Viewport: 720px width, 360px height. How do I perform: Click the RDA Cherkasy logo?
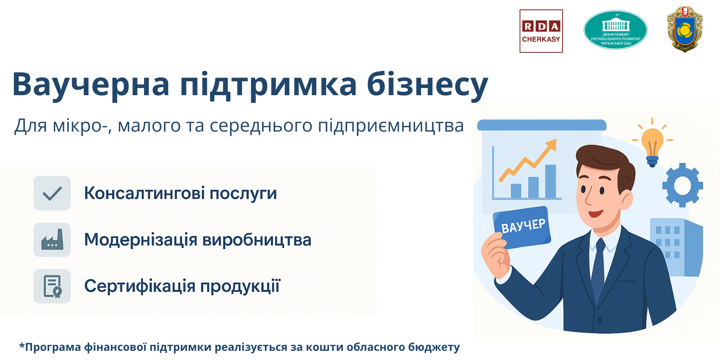[x=541, y=31]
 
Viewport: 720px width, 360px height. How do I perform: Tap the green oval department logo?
[x=616, y=30]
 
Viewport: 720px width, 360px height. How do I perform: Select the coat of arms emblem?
[x=685, y=29]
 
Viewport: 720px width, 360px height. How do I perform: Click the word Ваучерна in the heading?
[x=91, y=84]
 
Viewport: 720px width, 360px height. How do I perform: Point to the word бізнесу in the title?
[x=427, y=85]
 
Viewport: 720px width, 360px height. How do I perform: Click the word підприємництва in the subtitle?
[x=391, y=126]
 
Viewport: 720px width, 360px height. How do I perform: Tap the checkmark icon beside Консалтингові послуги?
[x=52, y=193]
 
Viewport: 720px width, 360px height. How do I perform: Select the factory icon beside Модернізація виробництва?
[x=52, y=240]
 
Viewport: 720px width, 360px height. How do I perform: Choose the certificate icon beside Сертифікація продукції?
[x=52, y=286]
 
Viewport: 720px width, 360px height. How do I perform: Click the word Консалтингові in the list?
[x=144, y=193]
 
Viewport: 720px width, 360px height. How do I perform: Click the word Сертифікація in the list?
[x=140, y=286]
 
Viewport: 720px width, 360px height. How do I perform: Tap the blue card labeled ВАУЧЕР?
[x=522, y=227]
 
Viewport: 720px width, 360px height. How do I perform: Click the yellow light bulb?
[x=652, y=146]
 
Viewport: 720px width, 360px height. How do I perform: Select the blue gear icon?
[x=683, y=185]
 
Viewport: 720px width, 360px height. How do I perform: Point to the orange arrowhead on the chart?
[x=551, y=145]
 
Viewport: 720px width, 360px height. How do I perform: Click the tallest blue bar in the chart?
[x=550, y=181]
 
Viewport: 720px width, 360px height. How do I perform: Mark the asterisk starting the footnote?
[x=22, y=345]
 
